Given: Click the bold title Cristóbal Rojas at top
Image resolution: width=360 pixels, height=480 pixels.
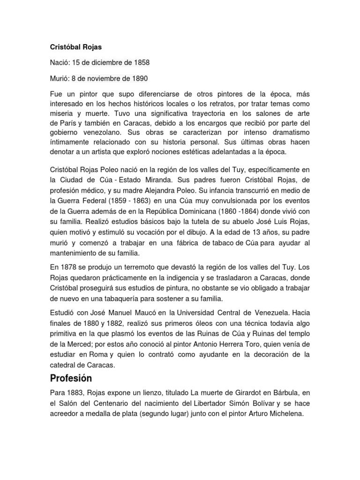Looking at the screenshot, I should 72,48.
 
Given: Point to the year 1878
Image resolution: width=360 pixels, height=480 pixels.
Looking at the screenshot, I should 69,268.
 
